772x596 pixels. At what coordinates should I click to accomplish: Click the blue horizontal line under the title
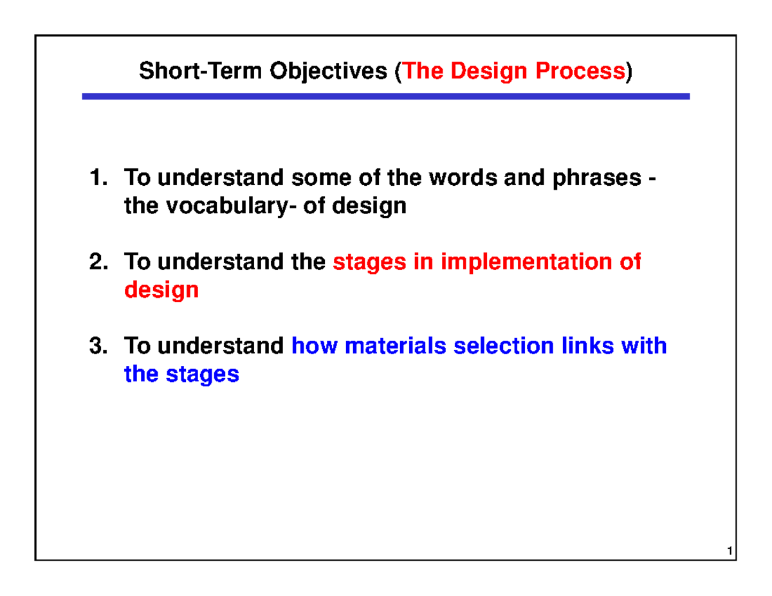385,96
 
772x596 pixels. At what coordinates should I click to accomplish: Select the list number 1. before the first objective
98,177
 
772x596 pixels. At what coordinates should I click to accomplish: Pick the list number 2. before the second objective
98,262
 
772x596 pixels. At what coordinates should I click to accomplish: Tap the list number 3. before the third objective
98,346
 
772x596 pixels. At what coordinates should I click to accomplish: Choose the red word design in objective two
161,291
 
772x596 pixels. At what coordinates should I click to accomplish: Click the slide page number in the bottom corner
728,552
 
